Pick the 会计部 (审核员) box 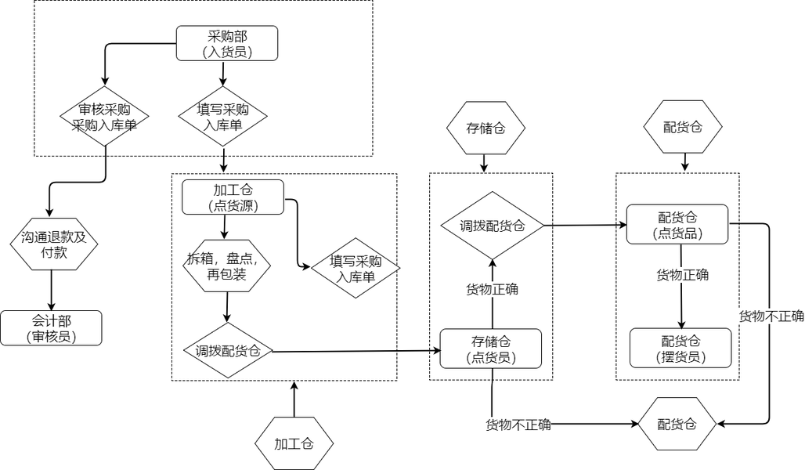[x=52, y=327]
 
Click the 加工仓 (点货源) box [x=233, y=197]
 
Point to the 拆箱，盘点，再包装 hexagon [x=227, y=266]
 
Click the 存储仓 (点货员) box [x=491, y=348]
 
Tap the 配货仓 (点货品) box [x=677, y=224]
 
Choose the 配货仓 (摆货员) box [x=680, y=348]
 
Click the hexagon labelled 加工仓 [x=294, y=443]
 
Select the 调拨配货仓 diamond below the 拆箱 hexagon [x=227, y=350]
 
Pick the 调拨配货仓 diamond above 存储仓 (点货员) [x=492, y=225]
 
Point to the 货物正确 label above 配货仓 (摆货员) [x=682, y=275]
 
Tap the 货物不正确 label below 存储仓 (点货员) [x=518, y=425]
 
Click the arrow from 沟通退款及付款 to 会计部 [x=52, y=290]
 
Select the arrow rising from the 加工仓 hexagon [x=294, y=399]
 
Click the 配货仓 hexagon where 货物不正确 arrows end [x=677, y=425]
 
